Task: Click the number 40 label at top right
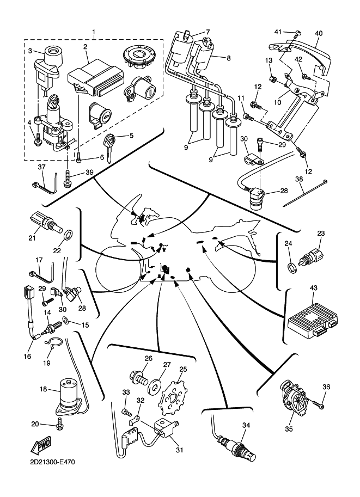coord(319,33)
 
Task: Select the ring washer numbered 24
coord(292,266)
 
